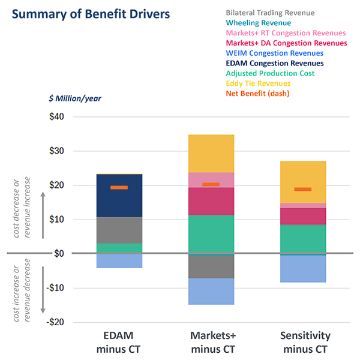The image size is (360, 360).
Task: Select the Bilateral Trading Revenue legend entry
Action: click(x=270, y=13)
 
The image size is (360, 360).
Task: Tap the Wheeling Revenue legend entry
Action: click(x=259, y=23)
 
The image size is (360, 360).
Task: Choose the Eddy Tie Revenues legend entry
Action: click(x=259, y=83)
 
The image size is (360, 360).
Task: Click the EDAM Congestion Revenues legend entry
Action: click(x=275, y=63)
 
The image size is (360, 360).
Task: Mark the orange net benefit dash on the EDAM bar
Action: click(x=119, y=188)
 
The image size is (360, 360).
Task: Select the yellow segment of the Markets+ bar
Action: click(x=211, y=154)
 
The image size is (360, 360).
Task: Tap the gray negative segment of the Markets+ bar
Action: click(x=211, y=267)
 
